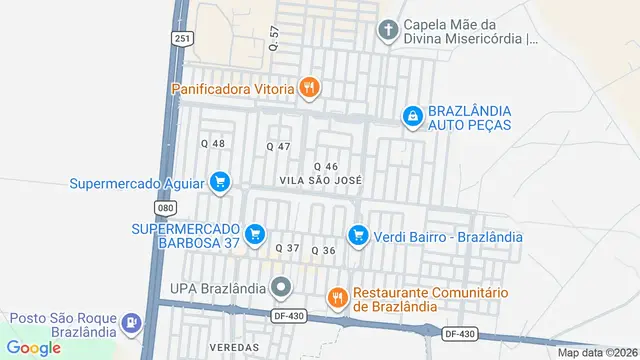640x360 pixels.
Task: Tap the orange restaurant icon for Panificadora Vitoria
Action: (310, 88)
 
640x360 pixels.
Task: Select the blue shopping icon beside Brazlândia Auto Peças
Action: (411, 117)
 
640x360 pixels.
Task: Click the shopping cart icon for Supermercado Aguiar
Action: (221, 182)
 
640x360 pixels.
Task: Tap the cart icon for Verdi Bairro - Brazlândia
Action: (357, 236)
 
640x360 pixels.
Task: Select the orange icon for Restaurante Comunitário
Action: (338, 297)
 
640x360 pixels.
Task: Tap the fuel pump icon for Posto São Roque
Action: (130, 324)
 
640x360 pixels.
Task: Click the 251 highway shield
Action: (181, 38)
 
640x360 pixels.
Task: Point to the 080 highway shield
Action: (165, 207)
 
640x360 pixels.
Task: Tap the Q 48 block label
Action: (213, 144)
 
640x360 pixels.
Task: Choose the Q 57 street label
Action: (274, 39)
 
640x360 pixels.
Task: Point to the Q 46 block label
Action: (326, 166)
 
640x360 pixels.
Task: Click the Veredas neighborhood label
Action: (234, 347)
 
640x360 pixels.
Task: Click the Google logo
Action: (34, 347)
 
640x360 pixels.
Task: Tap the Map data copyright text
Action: (598, 352)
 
